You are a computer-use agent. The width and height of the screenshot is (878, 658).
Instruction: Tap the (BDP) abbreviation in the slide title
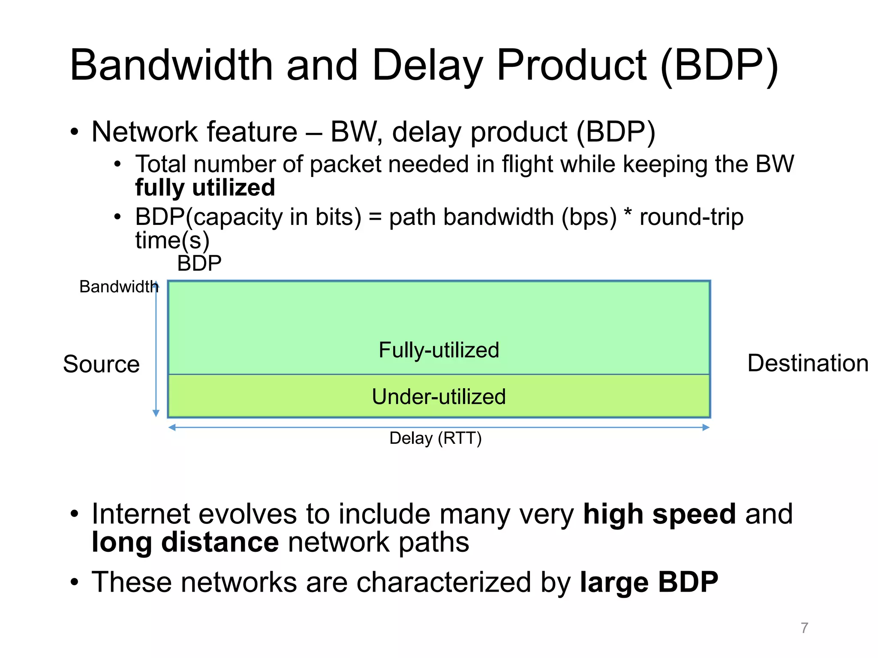719,65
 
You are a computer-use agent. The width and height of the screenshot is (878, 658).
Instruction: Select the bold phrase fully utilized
205,188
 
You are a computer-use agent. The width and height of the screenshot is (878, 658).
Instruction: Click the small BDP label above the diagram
199,263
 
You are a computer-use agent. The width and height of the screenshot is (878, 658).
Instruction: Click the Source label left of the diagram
101,364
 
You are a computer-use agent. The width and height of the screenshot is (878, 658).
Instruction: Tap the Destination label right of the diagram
808,363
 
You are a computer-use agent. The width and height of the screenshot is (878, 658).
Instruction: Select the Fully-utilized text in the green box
439,350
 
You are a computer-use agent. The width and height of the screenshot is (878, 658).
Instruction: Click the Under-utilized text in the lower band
439,397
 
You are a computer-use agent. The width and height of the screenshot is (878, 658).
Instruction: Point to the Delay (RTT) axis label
436,438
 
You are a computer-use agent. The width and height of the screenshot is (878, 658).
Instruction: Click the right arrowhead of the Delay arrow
706,427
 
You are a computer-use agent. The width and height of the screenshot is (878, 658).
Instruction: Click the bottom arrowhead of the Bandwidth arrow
156,413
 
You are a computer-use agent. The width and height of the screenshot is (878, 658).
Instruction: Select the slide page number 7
804,628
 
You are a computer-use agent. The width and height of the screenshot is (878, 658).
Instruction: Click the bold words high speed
659,514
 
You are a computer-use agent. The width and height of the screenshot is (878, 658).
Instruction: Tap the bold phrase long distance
185,542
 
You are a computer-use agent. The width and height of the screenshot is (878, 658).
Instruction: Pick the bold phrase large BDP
649,582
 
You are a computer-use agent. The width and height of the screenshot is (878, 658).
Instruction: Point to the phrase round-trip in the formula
691,217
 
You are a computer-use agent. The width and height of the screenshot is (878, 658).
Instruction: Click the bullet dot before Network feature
75,132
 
